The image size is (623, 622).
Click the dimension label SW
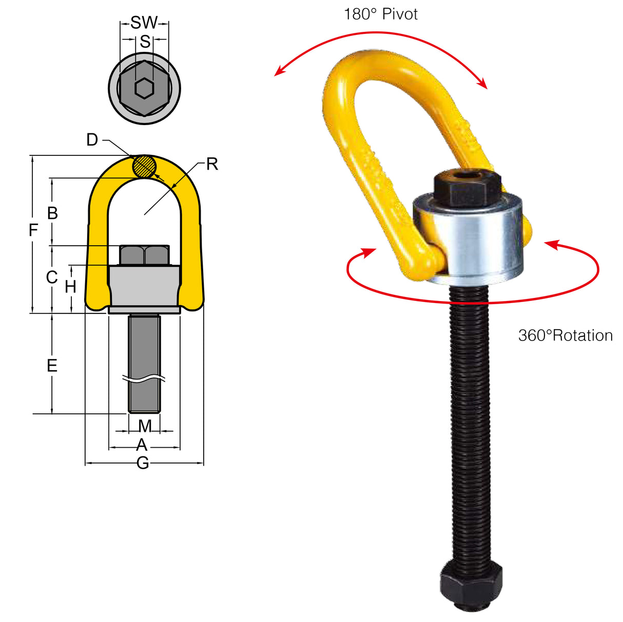pos(144,23)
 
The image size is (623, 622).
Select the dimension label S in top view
pos(145,41)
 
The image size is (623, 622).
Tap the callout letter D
pos(92,139)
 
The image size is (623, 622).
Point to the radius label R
pos(212,164)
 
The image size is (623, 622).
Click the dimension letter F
pos(33,230)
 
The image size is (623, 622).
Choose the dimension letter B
pos(52,213)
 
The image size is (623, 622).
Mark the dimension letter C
pos(52,277)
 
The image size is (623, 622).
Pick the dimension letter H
pos(71,287)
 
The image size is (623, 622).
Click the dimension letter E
pos(52,366)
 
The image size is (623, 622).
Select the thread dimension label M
pos(145,426)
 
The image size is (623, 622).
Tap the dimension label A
pos(142,445)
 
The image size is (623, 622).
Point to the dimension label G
pos(143,463)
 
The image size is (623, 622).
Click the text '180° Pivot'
pos(380,14)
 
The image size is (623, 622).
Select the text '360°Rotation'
pos(565,335)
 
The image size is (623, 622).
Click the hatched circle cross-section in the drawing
pos(144,166)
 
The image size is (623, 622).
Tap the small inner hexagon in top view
pos(144,89)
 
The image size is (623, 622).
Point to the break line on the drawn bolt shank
pos(144,379)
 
